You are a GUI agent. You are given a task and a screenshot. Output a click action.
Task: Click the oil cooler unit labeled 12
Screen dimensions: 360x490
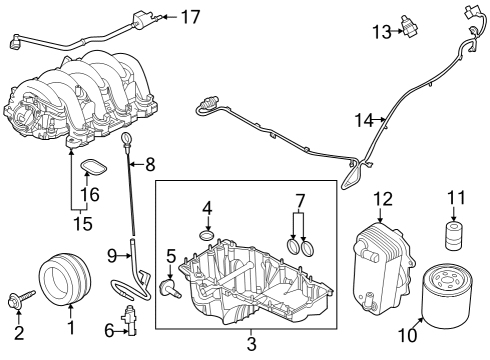click(x=381, y=261)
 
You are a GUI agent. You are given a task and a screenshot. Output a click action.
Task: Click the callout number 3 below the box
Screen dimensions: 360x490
click(x=251, y=345)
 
